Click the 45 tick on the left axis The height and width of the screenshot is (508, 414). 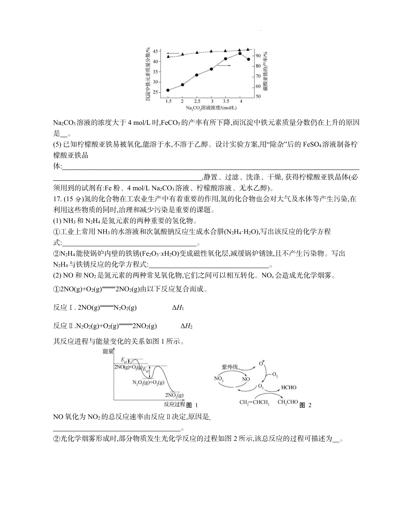[155, 51]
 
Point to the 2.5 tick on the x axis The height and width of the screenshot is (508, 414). [197, 101]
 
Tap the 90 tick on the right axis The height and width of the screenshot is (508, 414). [258, 56]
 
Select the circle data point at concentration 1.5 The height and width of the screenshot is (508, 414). [168, 90]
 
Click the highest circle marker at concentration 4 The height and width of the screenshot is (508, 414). [240, 53]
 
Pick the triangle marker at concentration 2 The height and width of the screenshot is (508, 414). [183, 54]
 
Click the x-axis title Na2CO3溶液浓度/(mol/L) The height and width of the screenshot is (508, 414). [211, 108]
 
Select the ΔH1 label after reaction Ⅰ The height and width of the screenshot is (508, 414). [178, 308]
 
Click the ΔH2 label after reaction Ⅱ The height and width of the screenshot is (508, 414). [186, 326]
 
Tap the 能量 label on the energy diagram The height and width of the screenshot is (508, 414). [108, 351]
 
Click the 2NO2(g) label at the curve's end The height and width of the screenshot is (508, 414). [174, 395]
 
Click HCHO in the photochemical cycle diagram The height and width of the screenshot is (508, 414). [289, 387]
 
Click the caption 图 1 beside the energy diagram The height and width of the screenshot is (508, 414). [192, 405]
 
